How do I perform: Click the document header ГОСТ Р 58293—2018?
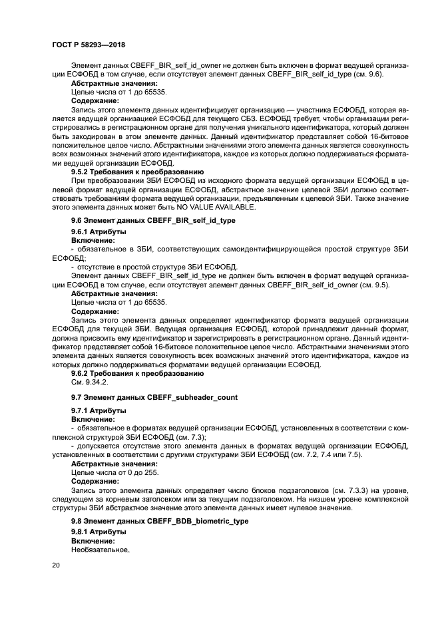(89, 44)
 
